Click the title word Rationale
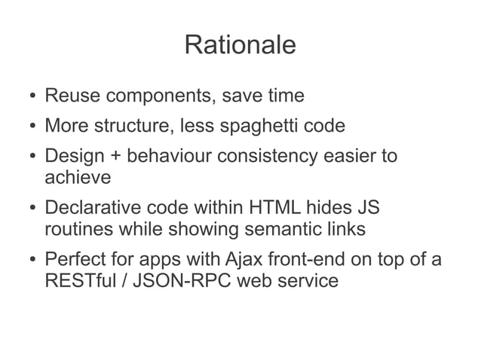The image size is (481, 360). pyautogui.click(x=240, y=44)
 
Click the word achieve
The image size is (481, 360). pyautogui.click(x=78, y=178)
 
